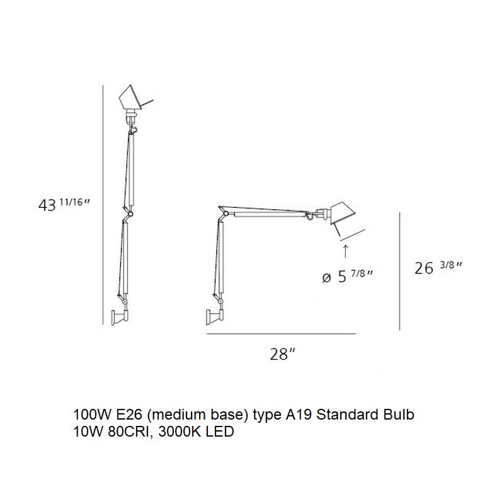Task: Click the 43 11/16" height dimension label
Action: point(65,205)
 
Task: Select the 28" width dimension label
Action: point(282,354)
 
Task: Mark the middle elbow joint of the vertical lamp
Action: point(128,215)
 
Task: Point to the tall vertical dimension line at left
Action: point(103,205)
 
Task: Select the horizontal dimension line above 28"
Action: point(281,335)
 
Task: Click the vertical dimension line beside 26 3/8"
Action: point(401,271)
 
